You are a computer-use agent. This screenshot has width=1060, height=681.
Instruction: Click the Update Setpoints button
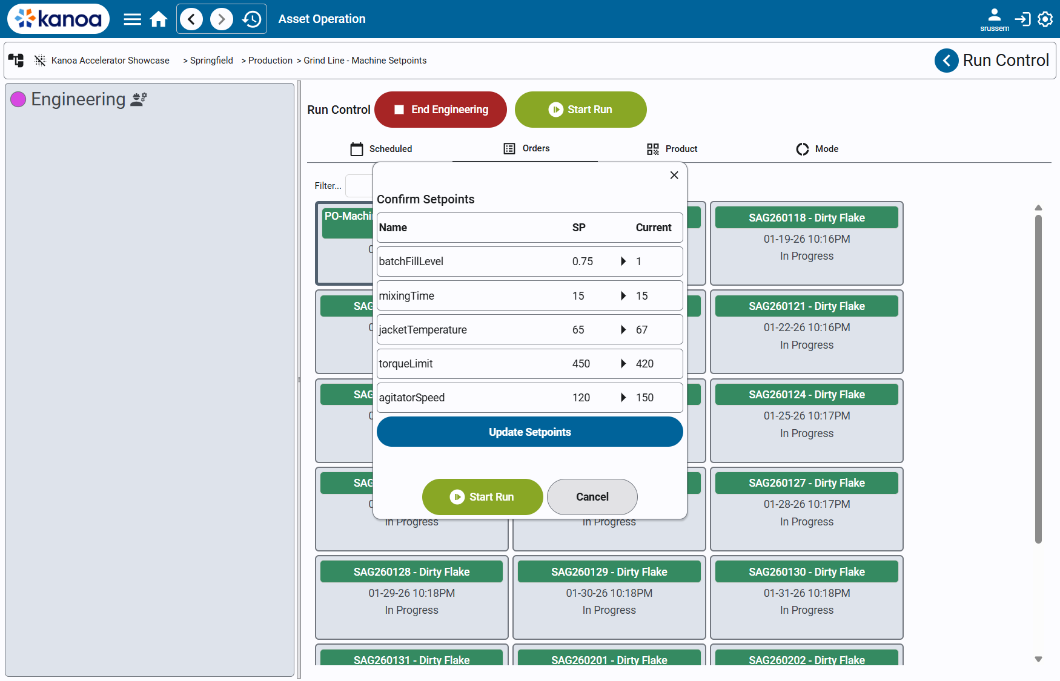529,432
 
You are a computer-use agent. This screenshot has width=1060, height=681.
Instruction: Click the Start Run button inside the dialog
482,497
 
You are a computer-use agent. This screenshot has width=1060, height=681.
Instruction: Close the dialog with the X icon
674,176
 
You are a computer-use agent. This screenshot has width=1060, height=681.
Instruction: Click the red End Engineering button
440,110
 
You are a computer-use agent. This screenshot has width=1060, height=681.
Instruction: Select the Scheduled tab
381,149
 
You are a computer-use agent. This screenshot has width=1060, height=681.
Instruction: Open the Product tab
672,149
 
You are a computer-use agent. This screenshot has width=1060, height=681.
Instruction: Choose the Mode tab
817,149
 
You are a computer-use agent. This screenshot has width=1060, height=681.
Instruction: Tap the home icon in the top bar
159,19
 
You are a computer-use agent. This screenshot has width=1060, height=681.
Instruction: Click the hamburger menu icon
132,19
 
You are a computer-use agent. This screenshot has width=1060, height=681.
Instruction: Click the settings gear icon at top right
1045,19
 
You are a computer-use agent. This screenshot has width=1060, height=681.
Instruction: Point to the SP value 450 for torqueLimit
581,364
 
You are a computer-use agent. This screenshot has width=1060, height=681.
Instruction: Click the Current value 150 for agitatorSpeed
644,398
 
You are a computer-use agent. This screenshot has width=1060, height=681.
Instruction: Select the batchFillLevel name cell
411,262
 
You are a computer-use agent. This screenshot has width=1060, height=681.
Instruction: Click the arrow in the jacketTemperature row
623,330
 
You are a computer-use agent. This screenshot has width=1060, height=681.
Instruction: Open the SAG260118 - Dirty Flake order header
806,218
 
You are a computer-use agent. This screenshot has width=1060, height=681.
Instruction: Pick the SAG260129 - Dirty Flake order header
609,572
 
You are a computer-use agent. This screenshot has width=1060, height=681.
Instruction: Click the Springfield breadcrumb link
211,61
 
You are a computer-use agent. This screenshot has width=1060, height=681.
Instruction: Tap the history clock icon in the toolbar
251,19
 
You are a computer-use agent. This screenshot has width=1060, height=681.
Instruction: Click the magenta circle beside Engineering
18,99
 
